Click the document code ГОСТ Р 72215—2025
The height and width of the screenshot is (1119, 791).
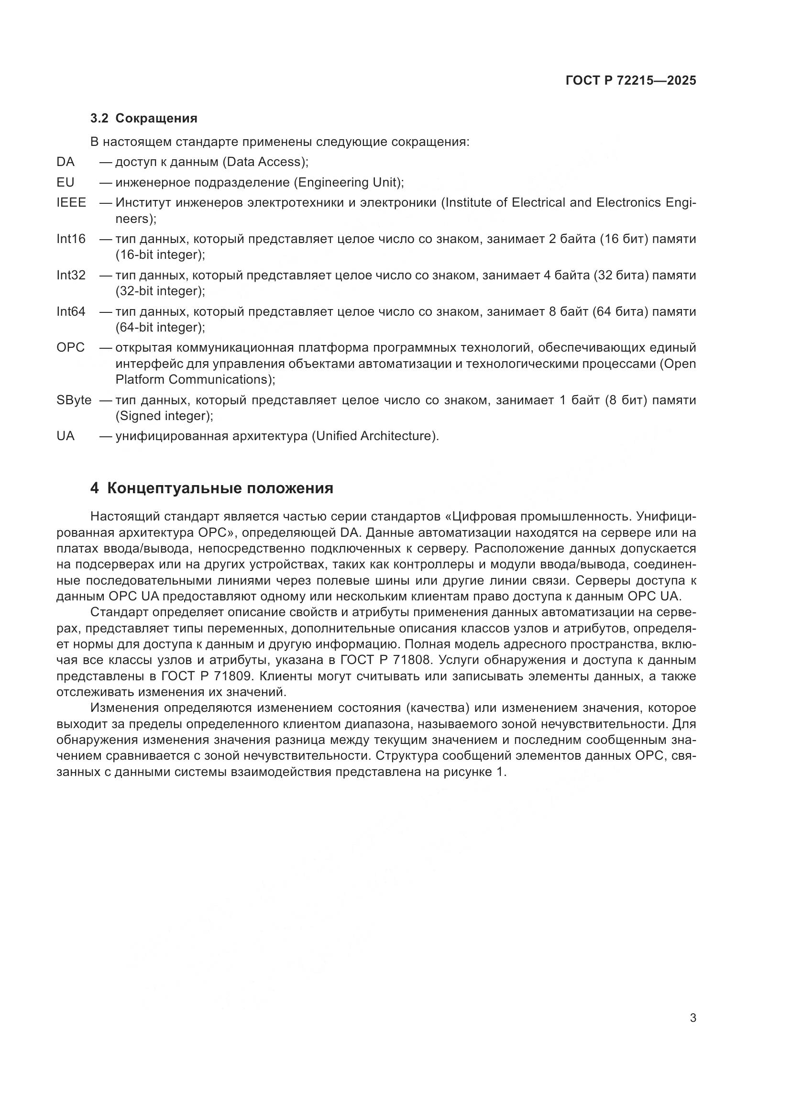pos(631,81)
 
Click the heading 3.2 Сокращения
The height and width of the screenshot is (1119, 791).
pos(143,119)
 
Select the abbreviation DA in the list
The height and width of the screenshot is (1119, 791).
pos(66,162)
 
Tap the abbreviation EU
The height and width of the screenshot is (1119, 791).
pos(66,182)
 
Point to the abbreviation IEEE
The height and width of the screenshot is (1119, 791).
pos(71,202)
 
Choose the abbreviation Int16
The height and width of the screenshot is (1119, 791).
pos(71,239)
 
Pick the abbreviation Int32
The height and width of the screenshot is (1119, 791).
pos(71,276)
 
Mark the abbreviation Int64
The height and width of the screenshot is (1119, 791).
pos(71,311)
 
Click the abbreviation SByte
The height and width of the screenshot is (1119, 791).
pos(74,400)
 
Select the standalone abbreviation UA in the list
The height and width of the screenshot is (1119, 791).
pos(66,436)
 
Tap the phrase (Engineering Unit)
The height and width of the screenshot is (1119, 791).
pos(348,182)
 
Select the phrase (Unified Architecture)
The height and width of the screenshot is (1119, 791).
pos(374,436)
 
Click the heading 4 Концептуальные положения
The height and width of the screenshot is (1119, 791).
pos(212,488)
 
